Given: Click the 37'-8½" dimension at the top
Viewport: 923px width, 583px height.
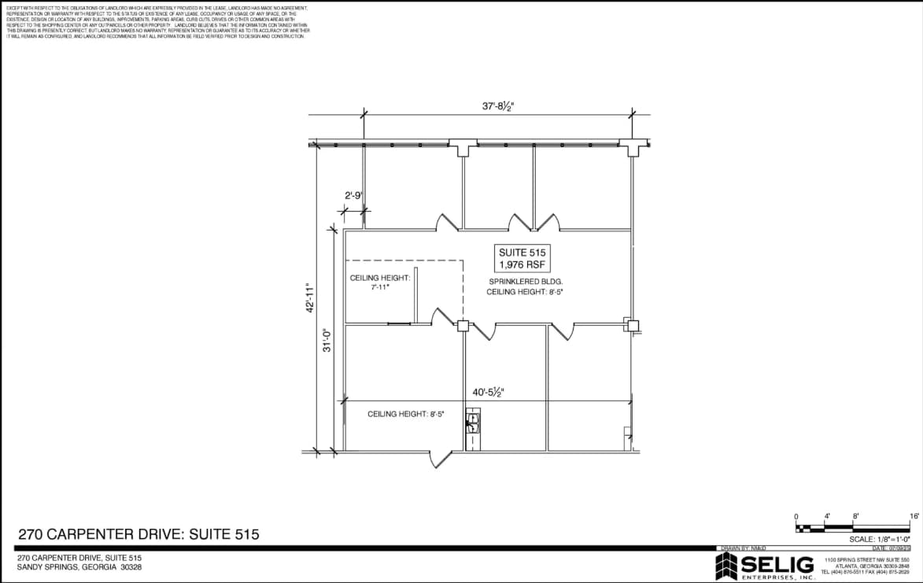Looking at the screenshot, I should [x=498, y=106].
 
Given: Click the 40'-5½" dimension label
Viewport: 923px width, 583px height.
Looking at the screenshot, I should [x=488, y=392].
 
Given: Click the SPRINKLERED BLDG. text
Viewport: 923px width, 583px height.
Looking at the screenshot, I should [x=526, y=281].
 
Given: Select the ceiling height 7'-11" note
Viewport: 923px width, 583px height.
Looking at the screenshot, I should [x=381, y=282].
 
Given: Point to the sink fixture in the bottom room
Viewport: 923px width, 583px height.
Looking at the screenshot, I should [x=472, y=426].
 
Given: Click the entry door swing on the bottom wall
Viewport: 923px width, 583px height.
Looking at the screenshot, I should [x=440, y=459].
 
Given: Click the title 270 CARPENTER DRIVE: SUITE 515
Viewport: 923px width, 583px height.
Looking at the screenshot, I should [x=138, y=534].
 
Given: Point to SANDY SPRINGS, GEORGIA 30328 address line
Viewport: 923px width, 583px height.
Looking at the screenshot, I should [x=79, y=567].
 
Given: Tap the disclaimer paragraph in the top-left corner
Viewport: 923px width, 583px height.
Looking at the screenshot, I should [x=157, y=21].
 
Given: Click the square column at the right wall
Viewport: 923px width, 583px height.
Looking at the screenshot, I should [x=632, y=325].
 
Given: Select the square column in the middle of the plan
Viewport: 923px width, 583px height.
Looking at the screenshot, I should [x=463, y=326].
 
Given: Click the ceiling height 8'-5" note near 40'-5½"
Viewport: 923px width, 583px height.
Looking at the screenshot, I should [x=405, y=414].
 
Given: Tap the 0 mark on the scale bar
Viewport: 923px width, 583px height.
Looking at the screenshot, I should [x=796, y=516].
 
